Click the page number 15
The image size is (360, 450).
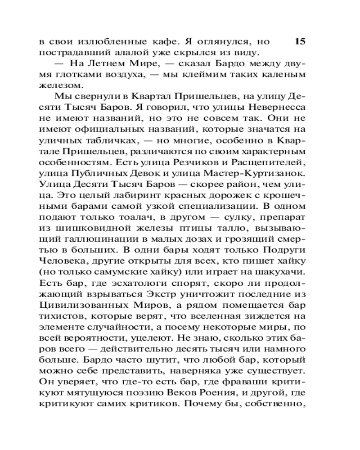pos(300,42)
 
